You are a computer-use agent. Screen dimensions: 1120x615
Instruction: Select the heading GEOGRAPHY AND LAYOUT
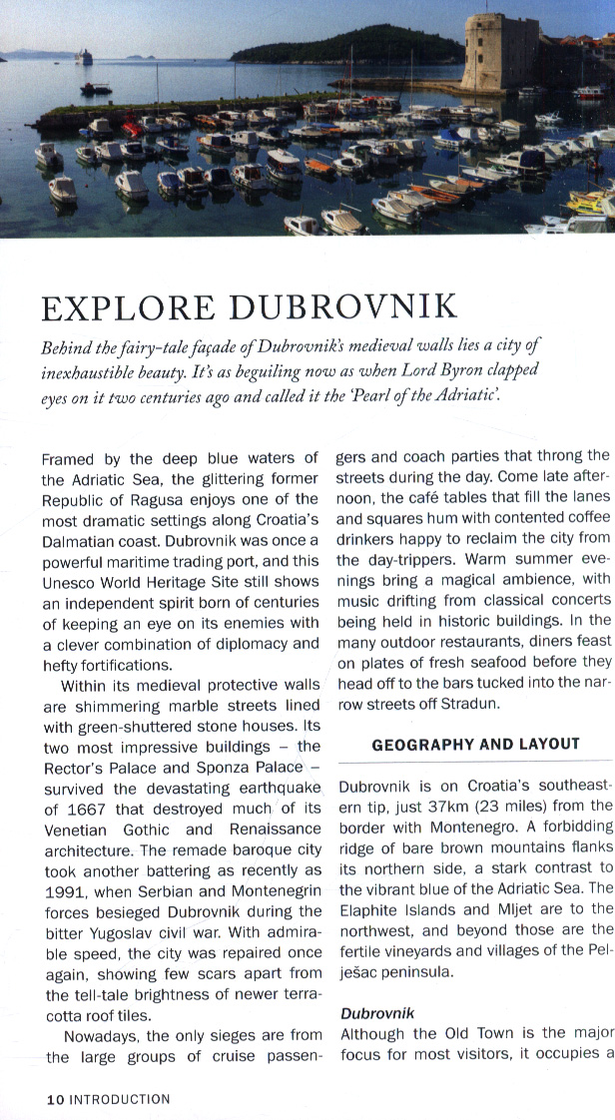coord(475,744)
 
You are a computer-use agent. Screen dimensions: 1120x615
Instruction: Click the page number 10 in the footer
coord(56,1099)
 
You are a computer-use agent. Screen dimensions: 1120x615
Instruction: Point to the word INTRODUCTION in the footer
coord(120,1099)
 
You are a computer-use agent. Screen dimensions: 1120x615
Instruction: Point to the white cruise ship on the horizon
coord(83,57)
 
